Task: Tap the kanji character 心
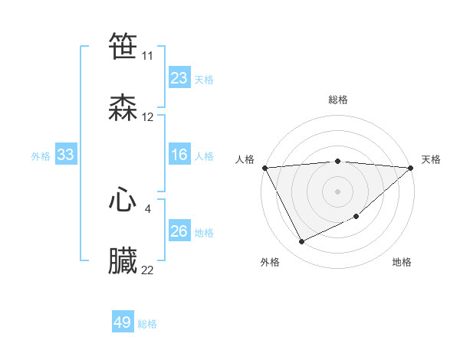[x=123, y=200]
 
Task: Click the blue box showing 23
[x=179, y=78]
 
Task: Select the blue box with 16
[x=179, y=155]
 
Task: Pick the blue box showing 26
[x=179, y=231]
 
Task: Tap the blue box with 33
[x=66, y=155]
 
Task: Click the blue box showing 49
[x=123, y=322]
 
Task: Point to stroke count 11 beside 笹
[x=147, y=56]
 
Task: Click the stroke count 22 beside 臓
[x=147, y=270]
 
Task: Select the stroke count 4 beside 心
[x=147, y=208]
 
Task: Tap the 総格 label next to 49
[x=148, y=324]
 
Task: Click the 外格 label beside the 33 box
[x=41, y=155]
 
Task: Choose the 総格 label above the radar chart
[x=337, y=100]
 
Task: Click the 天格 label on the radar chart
[x=431, y=159]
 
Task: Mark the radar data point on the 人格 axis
[x=264, y=168]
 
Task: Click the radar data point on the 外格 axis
[x=301, y=242]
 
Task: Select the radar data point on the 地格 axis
[x=356, y=217]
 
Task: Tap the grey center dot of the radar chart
[x=337, y=190]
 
